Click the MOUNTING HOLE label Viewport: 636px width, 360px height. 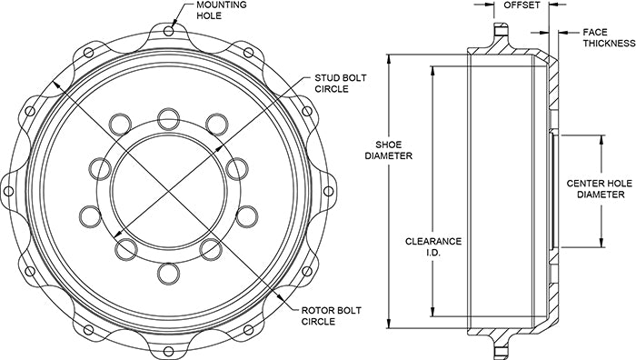click(222, 10)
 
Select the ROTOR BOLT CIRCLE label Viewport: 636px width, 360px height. click(331, 316)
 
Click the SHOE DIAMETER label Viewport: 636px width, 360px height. click(389, 150)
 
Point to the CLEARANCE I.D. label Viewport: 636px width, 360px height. click(433, 246)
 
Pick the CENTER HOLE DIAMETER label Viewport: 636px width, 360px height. click(601, 189)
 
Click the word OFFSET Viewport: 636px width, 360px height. click(522, 5)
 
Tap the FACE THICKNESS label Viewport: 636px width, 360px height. click(610, 38)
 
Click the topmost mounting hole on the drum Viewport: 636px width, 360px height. click(169, 31)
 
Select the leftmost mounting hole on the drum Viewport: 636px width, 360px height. click(8, 191)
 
